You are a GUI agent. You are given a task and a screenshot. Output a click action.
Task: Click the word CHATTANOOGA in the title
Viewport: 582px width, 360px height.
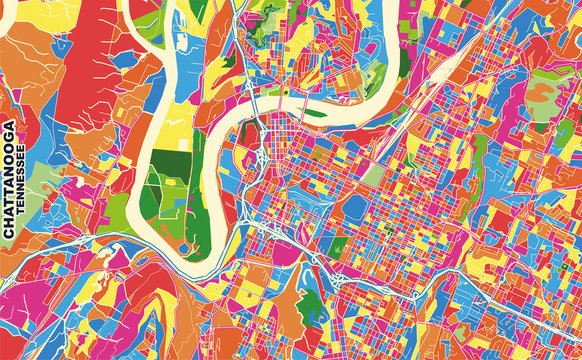coord(9,180)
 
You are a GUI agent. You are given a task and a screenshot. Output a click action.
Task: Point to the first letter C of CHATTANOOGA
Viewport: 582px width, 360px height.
coord(9,233)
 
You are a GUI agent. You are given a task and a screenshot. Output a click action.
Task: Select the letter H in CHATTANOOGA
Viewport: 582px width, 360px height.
coord(9,222)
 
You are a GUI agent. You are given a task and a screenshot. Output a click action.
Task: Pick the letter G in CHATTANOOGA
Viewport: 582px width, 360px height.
coord(9,139)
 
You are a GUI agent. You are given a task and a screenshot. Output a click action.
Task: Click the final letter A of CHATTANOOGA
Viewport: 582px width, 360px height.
coord(9,128)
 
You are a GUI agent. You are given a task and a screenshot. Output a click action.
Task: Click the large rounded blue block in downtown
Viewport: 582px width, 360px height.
coord(355,207)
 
